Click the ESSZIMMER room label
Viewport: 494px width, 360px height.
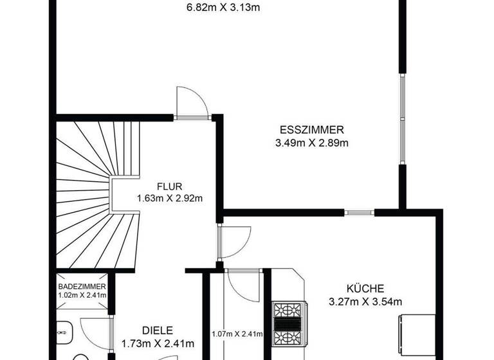pos(312,127)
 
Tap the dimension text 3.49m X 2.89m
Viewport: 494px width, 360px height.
pos(312,143)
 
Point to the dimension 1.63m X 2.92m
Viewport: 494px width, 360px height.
pos(170,198)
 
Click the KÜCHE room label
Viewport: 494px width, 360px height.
pos(365,288)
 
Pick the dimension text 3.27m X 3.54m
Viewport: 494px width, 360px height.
pos(365,301)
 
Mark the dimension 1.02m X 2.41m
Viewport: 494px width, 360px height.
pos(82,296)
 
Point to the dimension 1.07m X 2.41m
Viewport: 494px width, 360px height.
pos(237,334)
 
